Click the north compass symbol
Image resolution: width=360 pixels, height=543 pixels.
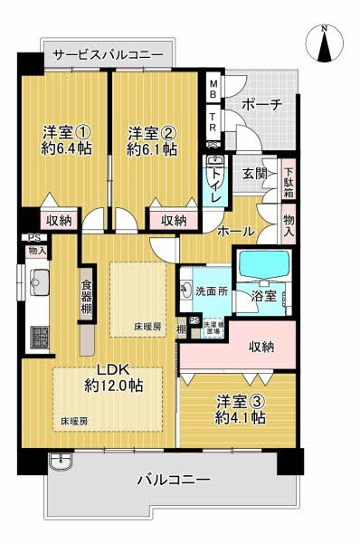pos(325,43)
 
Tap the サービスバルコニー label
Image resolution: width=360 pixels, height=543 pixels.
pos(108,55)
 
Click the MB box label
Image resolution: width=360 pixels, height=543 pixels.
pos(213,90)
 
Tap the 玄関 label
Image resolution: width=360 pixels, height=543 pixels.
pos(254,174)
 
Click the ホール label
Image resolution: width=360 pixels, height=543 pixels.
pos(235,232)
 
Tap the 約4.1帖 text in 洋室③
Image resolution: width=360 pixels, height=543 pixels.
pos(240,417)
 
